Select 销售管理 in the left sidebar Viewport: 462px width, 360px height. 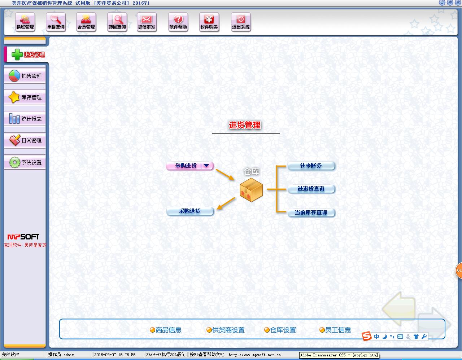point(25,76)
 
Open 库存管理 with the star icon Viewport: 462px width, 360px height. point(25,97)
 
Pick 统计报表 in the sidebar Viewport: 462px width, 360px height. point(25,119)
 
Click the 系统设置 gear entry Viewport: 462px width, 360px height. point(25,163)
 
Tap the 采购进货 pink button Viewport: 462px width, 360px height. point(186,166)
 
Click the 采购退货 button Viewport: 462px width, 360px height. point(190,211)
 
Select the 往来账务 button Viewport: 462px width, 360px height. point(311,166)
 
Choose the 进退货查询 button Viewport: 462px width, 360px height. point(311,189)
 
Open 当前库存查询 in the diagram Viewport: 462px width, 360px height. point(311,213)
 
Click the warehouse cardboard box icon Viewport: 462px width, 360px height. point(251,190)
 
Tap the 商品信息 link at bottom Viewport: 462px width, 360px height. point(166,330)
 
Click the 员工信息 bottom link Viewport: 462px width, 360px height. point(335,330)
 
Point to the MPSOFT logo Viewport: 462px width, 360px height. point(23,237)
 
